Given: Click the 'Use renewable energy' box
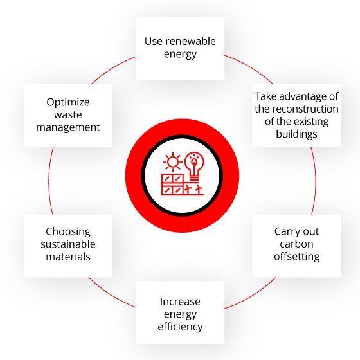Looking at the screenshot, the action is [180, 48].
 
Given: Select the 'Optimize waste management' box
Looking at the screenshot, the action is [68, 115].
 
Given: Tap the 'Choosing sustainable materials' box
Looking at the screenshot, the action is [68, 246].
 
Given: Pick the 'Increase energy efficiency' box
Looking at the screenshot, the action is [180, 312].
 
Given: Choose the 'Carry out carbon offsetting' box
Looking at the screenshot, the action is [296, 246].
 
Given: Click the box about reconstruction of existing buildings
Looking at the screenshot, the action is [296, 115].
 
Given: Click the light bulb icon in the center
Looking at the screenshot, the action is [194, 166].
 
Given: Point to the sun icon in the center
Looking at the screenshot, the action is [173, 162].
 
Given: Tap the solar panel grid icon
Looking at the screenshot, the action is [172, 184].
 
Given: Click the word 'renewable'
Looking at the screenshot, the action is [190, 42].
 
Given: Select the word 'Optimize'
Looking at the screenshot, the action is [68, 102].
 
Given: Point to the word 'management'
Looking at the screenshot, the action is [68, 127].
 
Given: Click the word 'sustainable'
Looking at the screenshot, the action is [68, 244].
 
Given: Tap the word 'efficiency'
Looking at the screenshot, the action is [180, 327].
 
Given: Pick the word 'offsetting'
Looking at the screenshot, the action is [296, 256].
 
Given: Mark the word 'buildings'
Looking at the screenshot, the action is [296, 134].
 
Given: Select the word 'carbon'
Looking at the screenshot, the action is [296, 244].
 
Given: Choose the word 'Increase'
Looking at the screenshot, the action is [180, 301].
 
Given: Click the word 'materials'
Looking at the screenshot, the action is [68, 256].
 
